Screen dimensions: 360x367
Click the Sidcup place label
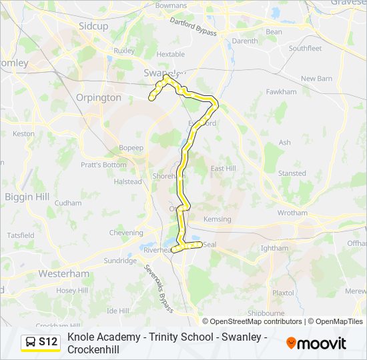(x=93, y=25)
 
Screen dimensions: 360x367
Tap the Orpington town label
(x=99, y=97)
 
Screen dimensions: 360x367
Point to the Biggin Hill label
(x=27, y=197)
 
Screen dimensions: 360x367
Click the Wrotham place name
(x=292, y=213)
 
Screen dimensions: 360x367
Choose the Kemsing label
(x=217, y=219)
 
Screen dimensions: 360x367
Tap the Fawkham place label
(x=281, y=92)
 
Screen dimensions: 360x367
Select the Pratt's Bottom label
(x=103, y=165)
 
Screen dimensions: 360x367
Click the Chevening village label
(x=125, y=233)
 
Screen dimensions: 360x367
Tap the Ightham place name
(x=274, y=248)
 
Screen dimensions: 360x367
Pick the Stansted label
(x=292, y=173)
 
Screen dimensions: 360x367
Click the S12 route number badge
(x=48, y=343)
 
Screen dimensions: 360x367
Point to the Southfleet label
(x=305, y=48)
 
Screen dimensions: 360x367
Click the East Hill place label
(x=223, y=169)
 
